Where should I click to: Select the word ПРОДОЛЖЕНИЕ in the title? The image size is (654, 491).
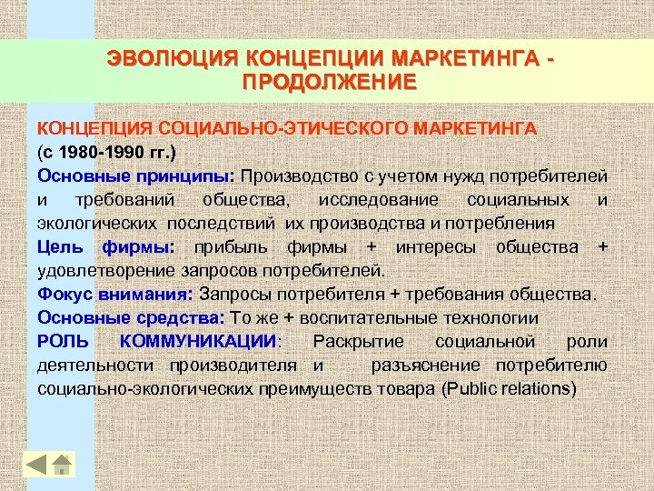pyautogui.click(x=330, y=82)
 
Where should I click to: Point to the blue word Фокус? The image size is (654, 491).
pyautogui.click(x=63, y=294)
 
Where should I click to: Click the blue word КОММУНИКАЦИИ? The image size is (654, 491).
pyautogui.click(x=199, y=341)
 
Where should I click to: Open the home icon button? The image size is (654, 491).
pyautogui.click(x=62, y=464)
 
